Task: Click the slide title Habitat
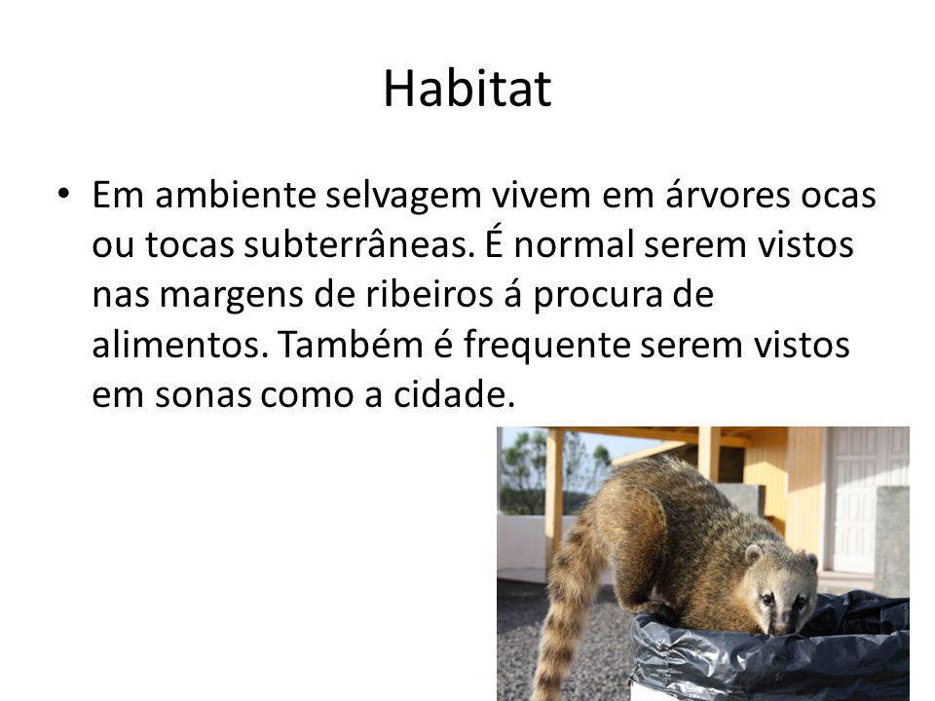click(467, 89)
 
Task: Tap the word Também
click(351, 344)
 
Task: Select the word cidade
click(454, 394)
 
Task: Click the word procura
click(597, 296)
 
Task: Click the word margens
click(232, 296)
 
